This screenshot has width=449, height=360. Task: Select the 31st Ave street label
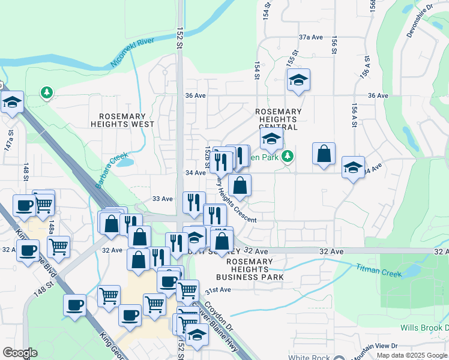coord(218,290)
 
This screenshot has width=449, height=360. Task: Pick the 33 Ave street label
coord(163,199)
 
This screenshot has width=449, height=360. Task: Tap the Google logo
coord(20,353)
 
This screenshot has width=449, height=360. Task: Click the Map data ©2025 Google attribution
coord(412,355)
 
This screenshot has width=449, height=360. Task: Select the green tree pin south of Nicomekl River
coord(46,92)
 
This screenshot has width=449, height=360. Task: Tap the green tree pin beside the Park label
coord(289,157)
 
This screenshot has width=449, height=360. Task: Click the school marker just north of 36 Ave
coord(298,81)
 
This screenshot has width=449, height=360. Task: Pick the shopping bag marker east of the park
coord(324,154)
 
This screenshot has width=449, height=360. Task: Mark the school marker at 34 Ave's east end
coord(353,167)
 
